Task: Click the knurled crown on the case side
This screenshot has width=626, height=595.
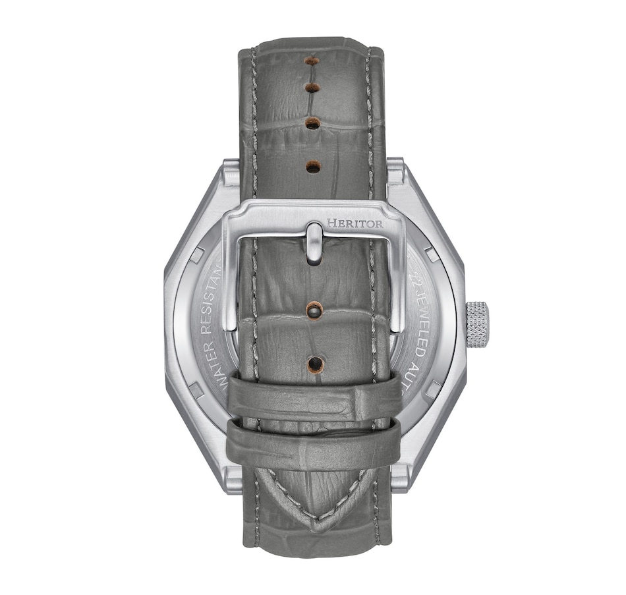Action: tap(478, 324)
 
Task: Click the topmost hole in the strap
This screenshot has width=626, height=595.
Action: tap(312, 61)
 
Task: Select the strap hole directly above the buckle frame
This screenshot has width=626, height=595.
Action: tap(313, 167)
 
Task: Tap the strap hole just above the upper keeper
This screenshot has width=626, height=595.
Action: tap(315, 363)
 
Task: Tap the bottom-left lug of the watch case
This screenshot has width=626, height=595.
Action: tap(233, 479)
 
